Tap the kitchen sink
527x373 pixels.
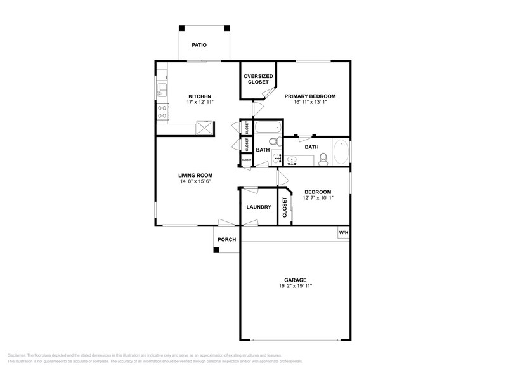[162, 89]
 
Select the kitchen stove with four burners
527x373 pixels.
[162, 112]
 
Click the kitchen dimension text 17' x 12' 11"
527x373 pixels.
[199, 102]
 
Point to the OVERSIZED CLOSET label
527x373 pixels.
[258, 79]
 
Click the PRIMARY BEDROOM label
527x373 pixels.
[309, 96]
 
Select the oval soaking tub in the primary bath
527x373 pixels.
[341, 152]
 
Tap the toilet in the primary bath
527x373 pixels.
[323, 159]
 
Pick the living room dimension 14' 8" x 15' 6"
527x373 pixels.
[195, 181]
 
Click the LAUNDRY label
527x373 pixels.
[258, 207]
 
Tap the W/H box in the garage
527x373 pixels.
[343, 233]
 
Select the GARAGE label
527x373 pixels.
[295, 280]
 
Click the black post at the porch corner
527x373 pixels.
[216, 250]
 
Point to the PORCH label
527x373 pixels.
[226, 239]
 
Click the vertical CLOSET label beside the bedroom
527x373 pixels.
[285, 207]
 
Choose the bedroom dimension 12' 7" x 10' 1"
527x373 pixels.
[318, 198]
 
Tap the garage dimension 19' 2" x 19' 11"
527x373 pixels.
[295, 286]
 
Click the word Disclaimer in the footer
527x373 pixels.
[19, 355]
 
